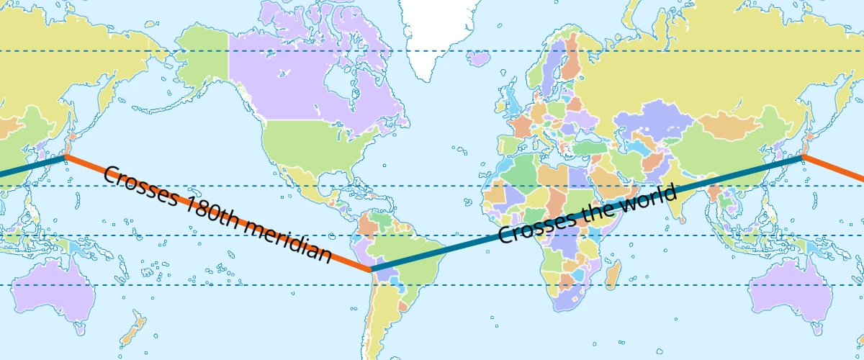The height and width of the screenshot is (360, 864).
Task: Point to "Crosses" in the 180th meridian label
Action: (x=138, y=186)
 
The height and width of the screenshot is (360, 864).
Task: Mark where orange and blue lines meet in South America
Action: (x=371, y=269)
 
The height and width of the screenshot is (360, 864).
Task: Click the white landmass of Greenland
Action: (x=439, y=29)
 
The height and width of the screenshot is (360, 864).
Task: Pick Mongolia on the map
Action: (x=727, y=122)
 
